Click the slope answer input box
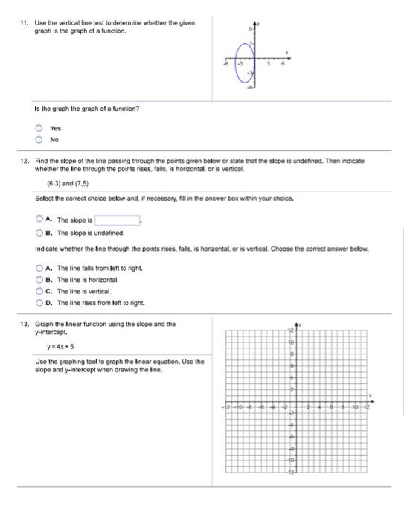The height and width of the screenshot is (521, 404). click(x=117, y=220)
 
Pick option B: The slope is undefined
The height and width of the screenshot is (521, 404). click(x=39, y=232)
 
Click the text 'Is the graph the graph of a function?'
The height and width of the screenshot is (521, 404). click(x=80, y=109)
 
